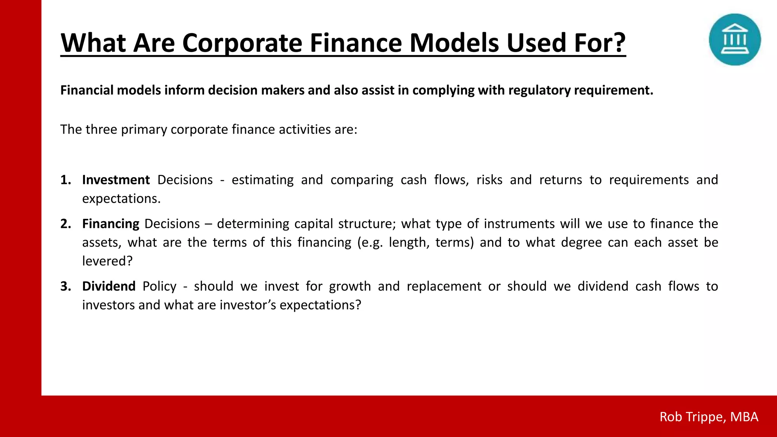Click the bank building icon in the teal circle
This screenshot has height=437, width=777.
tap(735, 39)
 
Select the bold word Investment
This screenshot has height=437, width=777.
tap(116, 180)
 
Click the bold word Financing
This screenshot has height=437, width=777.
tap(111, 224)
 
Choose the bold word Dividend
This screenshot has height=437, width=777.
tap(109, 286)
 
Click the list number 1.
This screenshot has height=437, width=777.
tap(66, 180)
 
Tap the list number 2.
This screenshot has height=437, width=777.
tap(66, 224)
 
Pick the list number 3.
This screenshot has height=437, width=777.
tap(66, 286)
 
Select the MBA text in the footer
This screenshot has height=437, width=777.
tap(744, 417)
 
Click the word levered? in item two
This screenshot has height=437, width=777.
tap(107, 261)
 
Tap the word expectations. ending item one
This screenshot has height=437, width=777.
tap(121, 199)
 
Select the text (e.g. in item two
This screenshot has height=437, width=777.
tap(370, 242)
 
